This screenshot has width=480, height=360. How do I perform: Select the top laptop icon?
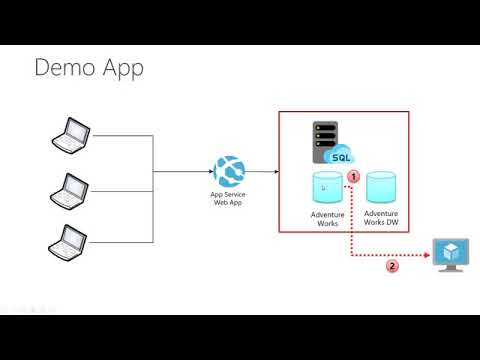(x=72, y=135)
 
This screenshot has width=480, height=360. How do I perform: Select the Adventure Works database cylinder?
(x=328, y=187)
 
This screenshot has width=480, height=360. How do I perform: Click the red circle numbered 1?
(x=353, y=175)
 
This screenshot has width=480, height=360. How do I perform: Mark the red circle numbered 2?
(x=392, y=266)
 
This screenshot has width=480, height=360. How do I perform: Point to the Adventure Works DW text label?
(x=381, y=217)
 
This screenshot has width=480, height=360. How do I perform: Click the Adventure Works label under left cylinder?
(x=328, y=217)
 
